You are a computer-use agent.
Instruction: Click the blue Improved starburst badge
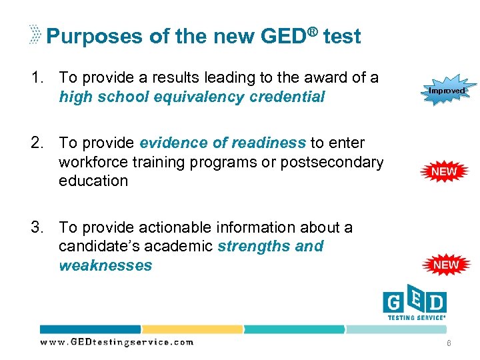point(446,89)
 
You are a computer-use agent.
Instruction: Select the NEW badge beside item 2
point(445,171)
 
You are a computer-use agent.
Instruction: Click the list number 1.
point(37,78)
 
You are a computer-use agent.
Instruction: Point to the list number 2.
point(37,143)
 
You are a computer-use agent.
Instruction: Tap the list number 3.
point(37,228)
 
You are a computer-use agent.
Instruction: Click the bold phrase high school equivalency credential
point(192,97)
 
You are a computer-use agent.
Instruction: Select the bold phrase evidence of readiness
point(223,143)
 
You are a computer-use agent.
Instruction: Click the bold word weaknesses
point(105,266)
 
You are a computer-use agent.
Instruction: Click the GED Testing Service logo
point(414,304)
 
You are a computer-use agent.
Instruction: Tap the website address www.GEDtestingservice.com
point(117,342)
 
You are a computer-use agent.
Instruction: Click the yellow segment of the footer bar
point(191,329)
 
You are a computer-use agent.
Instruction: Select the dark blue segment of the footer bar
point(90,329)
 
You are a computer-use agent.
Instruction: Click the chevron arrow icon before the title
point(36,34)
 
